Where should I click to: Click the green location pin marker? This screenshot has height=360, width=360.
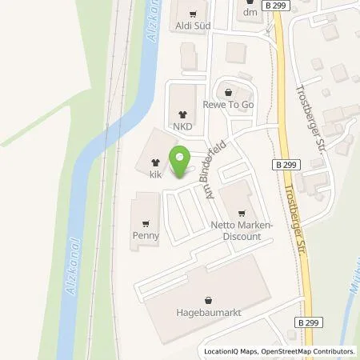tap(179, 161)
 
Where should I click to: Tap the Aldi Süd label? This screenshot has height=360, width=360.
tap(192, 27)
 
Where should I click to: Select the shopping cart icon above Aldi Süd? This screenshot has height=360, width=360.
tap(192, 13)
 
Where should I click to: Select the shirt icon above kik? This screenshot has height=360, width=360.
tap(154, 161)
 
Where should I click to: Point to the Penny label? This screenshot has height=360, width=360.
tap(146, 236)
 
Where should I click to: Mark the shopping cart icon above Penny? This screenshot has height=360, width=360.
tap(146, 223)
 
